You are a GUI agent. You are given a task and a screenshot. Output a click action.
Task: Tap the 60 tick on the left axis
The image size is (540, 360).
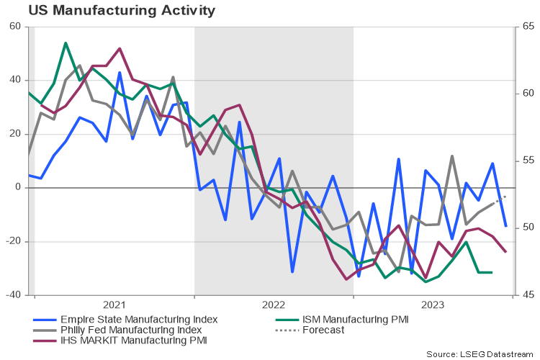(15, 27)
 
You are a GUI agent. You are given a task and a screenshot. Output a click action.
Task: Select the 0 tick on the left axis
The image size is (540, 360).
(18, 188)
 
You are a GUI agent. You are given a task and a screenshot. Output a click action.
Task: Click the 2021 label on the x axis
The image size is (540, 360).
(114, 305)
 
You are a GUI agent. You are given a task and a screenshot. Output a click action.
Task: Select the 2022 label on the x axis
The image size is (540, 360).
(274, 305)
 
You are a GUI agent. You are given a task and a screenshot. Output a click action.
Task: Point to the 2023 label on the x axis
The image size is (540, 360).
(433, 305)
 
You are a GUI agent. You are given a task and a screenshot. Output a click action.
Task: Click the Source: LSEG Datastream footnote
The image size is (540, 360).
(481, 354)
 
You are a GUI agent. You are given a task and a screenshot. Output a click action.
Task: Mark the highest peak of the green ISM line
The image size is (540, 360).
(66, 42)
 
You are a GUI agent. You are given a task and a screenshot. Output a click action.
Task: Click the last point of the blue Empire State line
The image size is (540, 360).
(505, 226)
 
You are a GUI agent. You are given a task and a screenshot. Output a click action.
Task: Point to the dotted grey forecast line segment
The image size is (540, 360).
(500, 199)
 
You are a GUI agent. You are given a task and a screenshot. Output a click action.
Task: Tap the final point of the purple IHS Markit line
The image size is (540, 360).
(505, 252)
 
